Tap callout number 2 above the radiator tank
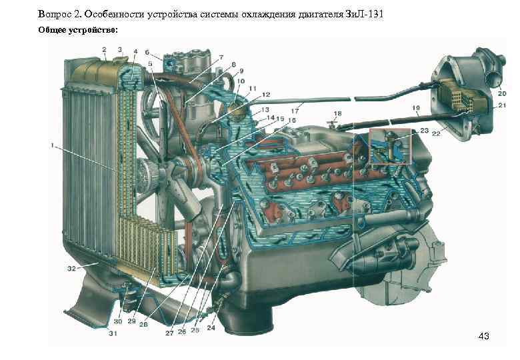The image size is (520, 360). click(105, 49)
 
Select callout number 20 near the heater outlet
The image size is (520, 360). click(501, 94)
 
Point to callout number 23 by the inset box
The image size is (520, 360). click(425, 131)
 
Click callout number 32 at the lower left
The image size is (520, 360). click(71, 267)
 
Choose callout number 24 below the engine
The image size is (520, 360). click(212, 327)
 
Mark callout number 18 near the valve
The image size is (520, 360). click(337, 114)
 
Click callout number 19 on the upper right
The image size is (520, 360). click(416, 107)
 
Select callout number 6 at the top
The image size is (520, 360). click(147, 52)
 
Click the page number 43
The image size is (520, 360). click(483, 336)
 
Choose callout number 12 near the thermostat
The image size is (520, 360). click(247, 95)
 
